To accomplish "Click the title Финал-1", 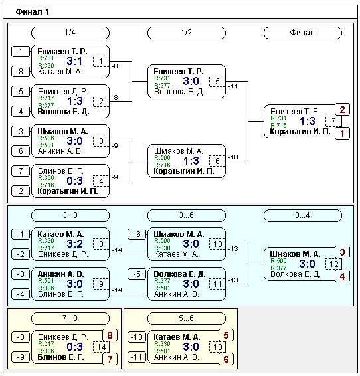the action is [33, 12].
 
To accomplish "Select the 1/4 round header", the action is [70, 33].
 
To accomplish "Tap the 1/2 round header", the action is [187, 33].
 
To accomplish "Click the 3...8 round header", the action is [70, 215].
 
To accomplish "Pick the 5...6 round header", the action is [187, 318].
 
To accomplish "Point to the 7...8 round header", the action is [70, 318].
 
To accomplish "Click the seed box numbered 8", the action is [21, 72].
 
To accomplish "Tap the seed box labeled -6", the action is [137, 235].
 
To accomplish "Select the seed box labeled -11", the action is [137, 357].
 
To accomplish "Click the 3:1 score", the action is [74, 61].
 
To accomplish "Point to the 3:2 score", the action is [74, 244].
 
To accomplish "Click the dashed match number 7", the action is [333, 121].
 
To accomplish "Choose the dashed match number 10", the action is [217, 244].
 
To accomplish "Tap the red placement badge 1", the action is [342, 134].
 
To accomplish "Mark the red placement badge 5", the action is [226, 335].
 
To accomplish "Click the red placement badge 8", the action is [110, 335].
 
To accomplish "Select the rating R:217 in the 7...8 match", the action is [46, 344].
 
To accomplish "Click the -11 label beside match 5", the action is [233, 86].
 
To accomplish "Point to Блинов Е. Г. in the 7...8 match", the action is [61, 357].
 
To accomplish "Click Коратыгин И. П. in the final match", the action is [300, 132].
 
